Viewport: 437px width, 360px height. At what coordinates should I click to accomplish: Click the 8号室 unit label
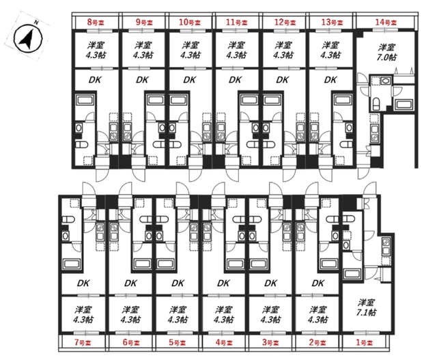click(x=96, y=23)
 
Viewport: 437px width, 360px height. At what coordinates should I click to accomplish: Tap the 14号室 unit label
click(x=386, y=23)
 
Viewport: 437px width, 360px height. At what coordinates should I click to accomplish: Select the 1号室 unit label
click(x=364, y=342)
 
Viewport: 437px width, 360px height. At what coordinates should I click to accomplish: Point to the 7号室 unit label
click(x=83, y=342)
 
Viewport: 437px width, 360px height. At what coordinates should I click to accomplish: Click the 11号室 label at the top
click(x=237, y=23)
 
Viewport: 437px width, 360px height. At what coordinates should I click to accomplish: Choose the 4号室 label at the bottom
click(x=224, y=342)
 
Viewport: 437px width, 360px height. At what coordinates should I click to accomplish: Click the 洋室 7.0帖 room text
click(x=386, y=52)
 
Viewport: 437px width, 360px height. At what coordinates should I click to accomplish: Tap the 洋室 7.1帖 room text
click(x=366, y=307)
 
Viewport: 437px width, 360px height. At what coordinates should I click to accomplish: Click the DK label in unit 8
click(x=95, y=80)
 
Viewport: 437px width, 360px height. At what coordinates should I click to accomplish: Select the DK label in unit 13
click(x=330, y=80)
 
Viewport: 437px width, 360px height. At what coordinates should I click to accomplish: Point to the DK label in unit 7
click(x=83, y=283)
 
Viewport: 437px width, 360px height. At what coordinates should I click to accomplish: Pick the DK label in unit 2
click(x=318, y=283)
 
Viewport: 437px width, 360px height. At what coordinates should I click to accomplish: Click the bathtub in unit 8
click(x=85, y=100)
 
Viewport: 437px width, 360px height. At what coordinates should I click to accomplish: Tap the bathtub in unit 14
click(x=404, y=105)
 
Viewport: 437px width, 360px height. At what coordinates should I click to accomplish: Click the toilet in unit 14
click(x=376, y=103)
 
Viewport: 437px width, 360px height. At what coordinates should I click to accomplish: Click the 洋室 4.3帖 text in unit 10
click(x=190, y=50)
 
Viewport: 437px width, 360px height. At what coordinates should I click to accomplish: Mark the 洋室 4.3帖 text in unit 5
click(x=178, y=314)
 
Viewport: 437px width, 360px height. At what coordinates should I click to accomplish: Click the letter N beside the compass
click(x=36, y=23)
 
